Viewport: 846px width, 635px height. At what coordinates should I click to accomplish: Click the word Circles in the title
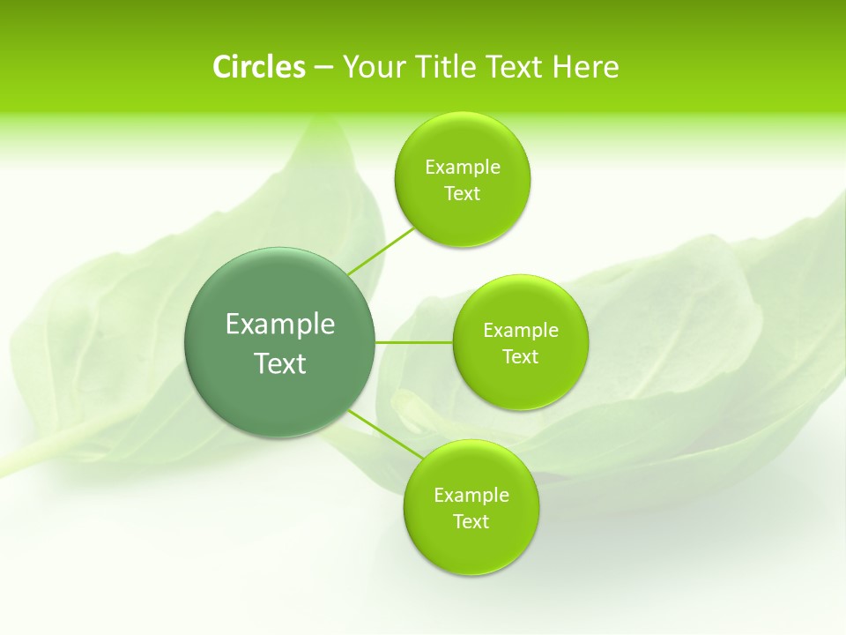(258, 67)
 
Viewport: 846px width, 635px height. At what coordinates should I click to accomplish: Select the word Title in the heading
(447, 67)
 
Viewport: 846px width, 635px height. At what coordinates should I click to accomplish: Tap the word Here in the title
(585, 67)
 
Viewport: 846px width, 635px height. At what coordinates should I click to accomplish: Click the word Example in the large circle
(280, 324)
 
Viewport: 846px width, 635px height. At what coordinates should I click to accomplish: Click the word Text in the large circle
(280, 363)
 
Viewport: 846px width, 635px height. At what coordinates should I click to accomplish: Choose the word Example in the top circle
(463, 168)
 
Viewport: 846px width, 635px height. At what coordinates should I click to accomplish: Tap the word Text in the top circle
(462, 194)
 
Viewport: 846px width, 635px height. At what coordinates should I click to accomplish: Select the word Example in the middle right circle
(521, 331)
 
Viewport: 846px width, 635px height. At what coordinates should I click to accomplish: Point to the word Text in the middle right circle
(520, 357)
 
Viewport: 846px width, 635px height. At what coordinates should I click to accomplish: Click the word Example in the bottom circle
(471, 496)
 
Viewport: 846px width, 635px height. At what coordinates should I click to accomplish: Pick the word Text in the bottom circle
(471, 522)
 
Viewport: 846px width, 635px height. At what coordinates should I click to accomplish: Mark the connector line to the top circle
(381, 251)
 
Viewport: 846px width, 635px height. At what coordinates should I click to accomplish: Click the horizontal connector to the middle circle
(413, 342)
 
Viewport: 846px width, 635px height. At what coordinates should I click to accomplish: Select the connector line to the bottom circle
(384, 433)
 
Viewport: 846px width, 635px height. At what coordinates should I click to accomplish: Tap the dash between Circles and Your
(323, 67)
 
